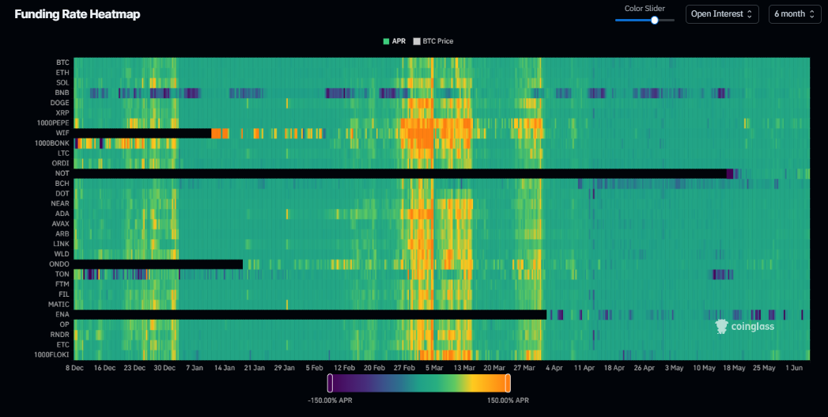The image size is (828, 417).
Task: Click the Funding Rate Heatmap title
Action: click(77, 14)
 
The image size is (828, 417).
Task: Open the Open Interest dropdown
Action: click(722, 14)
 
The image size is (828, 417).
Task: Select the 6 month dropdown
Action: click(795, 14)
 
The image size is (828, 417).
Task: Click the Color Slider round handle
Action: click(655, 20)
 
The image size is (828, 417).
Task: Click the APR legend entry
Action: click(395, 41)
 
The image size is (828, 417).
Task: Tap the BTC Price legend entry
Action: click(433, 41)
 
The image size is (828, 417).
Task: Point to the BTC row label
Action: click(62, 63)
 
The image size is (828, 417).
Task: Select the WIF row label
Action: click(62, 133)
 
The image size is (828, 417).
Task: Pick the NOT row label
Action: click(62, 173)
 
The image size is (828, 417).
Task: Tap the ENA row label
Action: click(62, 314)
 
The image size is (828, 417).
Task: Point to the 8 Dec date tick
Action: click(75, 368)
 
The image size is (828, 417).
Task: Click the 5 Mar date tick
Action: click(433, 368)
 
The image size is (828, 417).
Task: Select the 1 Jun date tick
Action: click(794, 368)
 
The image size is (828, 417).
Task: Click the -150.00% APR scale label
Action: click(330, 400)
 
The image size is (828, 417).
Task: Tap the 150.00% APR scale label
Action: click(508, 400)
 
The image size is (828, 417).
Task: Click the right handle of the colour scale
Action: click(508, 383)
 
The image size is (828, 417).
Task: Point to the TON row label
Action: click(62, 275)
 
